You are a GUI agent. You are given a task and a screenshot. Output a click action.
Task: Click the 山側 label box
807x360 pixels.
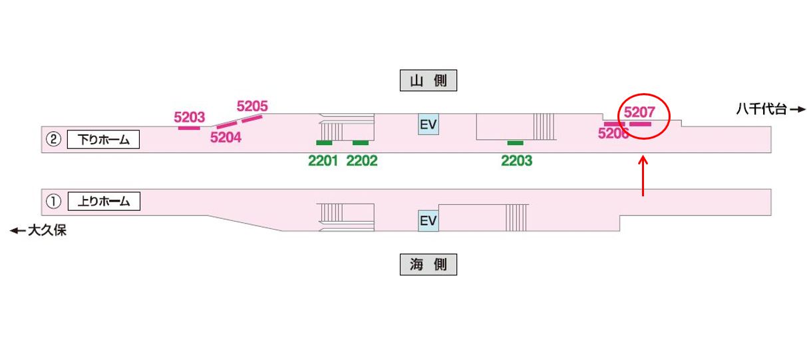428,81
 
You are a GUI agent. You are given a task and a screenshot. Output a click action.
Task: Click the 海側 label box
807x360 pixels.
428,265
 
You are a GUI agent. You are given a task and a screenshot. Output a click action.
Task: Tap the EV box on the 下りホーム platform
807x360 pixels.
428,124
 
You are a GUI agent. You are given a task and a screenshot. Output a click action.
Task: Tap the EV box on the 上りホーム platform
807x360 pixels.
428,221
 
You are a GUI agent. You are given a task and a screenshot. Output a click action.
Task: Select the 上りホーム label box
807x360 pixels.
103,201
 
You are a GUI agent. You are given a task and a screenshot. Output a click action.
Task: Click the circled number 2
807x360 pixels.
53,140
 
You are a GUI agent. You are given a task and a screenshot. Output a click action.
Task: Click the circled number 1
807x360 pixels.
53,201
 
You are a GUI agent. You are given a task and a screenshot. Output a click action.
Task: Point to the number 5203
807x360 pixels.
189,117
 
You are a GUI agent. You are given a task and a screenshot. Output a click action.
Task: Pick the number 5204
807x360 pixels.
225,138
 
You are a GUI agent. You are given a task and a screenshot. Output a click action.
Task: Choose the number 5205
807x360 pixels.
252,106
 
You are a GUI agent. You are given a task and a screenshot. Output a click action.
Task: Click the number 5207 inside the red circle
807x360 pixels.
639,113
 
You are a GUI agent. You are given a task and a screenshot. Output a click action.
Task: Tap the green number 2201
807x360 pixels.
323,160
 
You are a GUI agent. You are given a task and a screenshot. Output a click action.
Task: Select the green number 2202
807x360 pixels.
361,160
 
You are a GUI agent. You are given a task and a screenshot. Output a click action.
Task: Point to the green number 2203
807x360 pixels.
516,160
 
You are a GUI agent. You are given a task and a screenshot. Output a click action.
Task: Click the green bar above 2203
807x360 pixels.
515,143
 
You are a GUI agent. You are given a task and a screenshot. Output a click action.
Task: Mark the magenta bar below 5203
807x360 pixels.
189,127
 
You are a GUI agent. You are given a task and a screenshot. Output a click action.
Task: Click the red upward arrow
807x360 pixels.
643,176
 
